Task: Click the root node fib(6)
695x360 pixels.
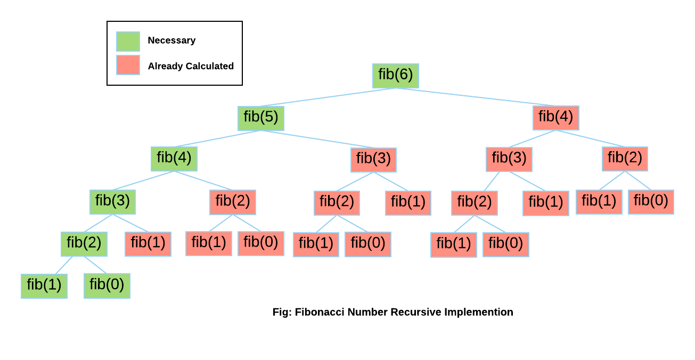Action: (395, 76)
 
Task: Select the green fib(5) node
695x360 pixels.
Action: (260, 118)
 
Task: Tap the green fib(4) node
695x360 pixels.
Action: (174, 159)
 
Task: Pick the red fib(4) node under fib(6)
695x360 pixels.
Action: (555, 118)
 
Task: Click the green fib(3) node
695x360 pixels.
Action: (112, 202)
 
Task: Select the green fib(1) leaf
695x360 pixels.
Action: (44, 286)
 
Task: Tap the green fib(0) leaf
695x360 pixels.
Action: (107, 286)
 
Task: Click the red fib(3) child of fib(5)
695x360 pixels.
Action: (373, 160)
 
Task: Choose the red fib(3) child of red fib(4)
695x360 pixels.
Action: (509, 159)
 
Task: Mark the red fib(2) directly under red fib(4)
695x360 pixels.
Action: (625, 159)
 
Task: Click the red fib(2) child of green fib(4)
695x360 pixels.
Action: (232, 202)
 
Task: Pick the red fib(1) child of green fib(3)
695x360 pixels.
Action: (148, 244)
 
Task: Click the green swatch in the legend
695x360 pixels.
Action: (128, 41)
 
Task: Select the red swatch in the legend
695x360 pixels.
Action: (128, 65)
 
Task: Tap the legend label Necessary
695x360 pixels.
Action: (171, 40)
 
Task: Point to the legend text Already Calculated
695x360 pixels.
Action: (191, 66)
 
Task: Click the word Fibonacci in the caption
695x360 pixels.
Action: (319, 312)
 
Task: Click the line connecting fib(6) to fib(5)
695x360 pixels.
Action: (328, 97)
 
